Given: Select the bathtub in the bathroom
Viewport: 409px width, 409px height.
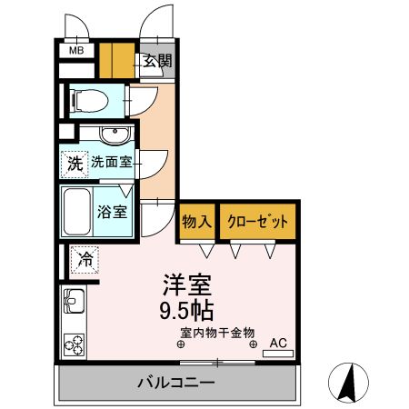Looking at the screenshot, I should click(x=77, y=213).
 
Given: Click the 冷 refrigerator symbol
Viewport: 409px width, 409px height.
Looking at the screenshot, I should click(x=86, y=258).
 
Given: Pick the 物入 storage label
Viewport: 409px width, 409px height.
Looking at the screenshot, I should click(x=196, y=222).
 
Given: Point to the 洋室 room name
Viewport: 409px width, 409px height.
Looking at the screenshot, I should click(x=188, y=284).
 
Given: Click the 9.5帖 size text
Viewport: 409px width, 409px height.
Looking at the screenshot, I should click(x=188, y=311).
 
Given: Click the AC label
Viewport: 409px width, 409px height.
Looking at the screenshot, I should click(x=277, y=342).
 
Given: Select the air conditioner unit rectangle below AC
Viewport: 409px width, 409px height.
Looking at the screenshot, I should click(x=278, y=353).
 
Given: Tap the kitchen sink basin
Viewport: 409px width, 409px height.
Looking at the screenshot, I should click(x=72, y=299).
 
